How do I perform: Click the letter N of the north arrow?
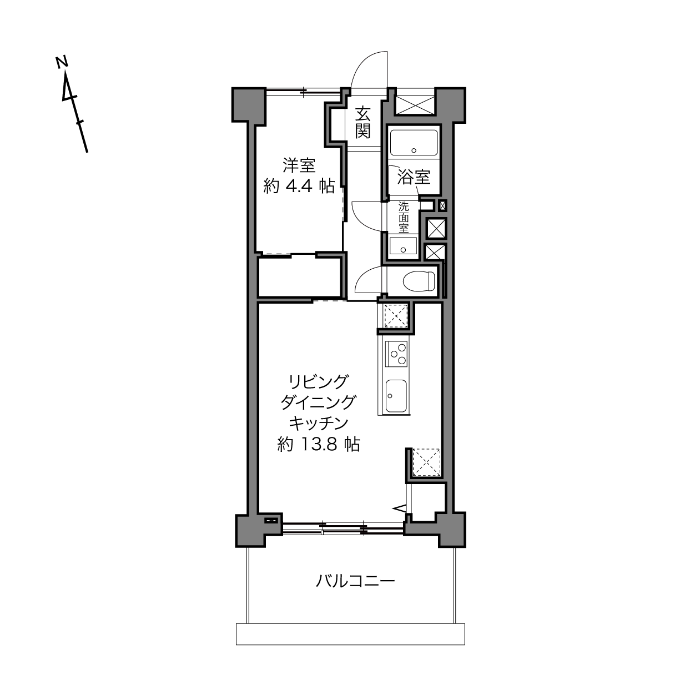point(62,62)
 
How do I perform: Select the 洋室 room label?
point(299,165)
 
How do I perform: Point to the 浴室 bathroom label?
point(414,177)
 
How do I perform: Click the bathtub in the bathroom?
point(414,143)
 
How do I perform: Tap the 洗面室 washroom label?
point(404,217)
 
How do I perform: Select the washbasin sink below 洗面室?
point(403,246)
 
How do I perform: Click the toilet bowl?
point(419,281)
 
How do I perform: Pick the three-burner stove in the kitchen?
point(397,354)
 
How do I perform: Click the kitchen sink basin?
point(396,396)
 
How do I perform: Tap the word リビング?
point(319,382)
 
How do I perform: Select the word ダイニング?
point(319,402)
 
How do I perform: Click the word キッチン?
point(319,424)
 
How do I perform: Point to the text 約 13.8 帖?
point(319,444)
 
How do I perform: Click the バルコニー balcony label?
point(355,581)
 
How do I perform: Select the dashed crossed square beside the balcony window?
point(426,462)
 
